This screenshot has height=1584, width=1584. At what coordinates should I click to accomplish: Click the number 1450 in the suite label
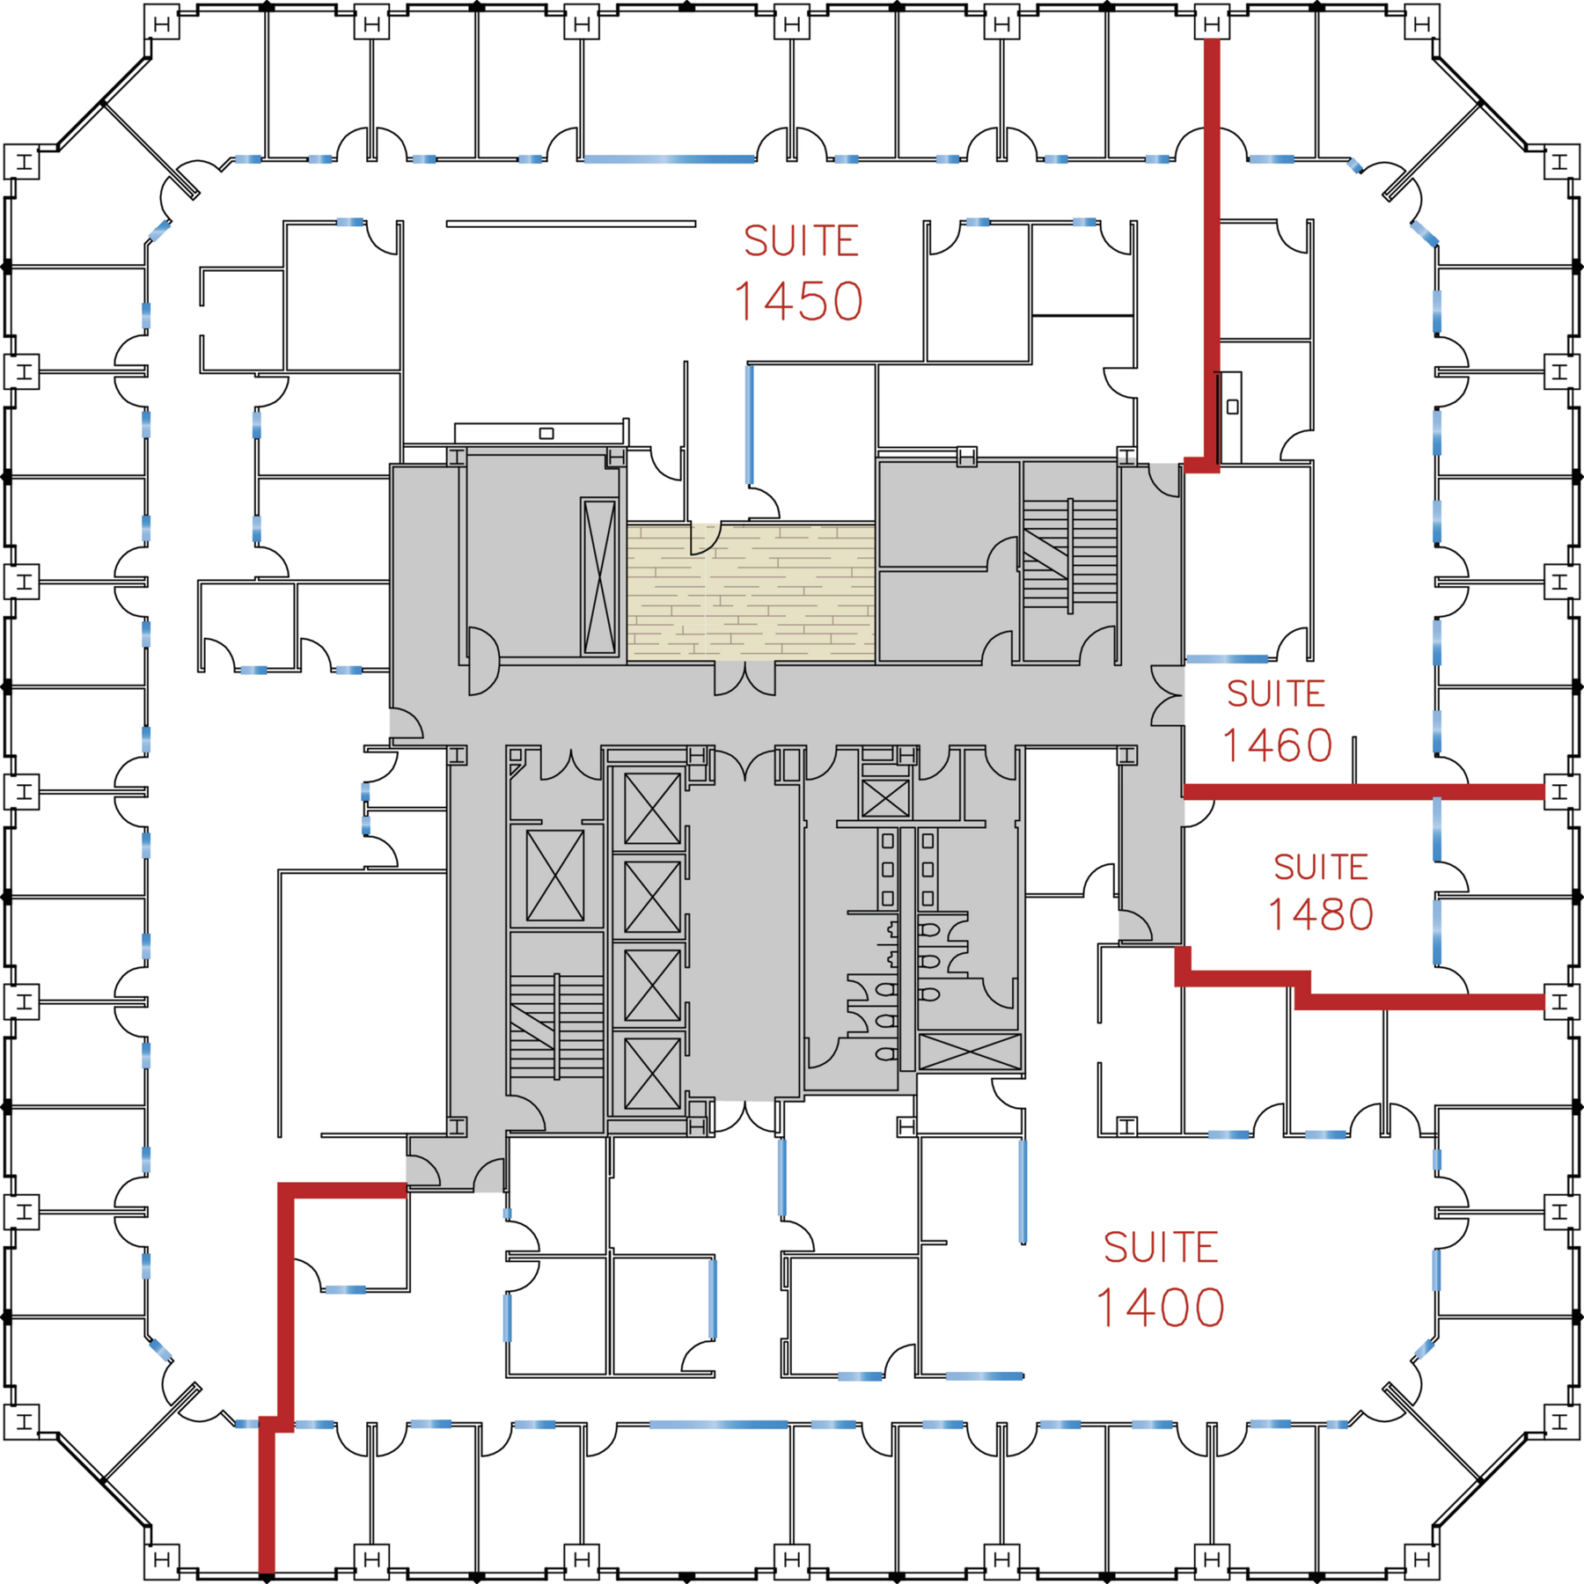tap(798, 302)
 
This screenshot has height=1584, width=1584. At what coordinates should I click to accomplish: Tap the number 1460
tap(1277, 746)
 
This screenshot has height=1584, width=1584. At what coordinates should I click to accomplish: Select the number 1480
tap(1320, 914)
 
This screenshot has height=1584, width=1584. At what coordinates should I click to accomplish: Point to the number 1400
tap(1161, 1308)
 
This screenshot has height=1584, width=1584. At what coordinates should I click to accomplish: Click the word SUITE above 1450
tap(801, 241)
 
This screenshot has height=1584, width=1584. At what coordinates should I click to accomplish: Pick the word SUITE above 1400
tap(1161, 1248)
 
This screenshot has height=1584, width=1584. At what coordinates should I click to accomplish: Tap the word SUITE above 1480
tap(1320, 868)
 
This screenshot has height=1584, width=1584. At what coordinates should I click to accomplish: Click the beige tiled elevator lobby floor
tap(751, 592)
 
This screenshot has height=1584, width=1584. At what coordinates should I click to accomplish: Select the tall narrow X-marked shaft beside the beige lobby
tap(599, 576)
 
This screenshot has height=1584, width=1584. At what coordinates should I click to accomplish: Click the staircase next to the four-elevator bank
tap(556, 1025)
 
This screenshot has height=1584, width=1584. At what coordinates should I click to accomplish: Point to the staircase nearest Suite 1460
tap(1069, 554)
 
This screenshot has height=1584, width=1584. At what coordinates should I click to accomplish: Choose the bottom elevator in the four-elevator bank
tap(652, 1073)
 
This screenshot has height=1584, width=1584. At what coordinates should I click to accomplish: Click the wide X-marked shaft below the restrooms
tap(970, 1052)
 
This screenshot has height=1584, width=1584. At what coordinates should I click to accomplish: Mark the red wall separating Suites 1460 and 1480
tap(1364, 792)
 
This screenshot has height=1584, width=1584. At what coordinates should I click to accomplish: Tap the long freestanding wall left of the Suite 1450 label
tap(571, 224)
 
